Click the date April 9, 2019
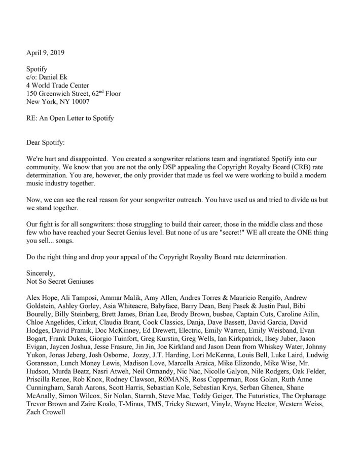[x=45, y=52]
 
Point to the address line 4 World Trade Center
[x=57, y=85]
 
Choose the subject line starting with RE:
[x=70, y=119]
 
